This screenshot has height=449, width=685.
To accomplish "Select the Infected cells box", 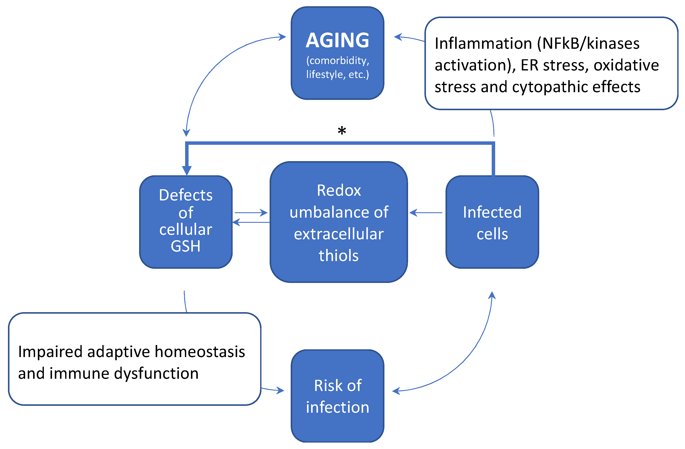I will [492, 222].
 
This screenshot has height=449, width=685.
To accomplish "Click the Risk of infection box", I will [337, 396].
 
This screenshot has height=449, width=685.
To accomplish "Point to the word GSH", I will [185, 246].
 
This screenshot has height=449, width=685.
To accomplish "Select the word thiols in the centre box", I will [339, 256].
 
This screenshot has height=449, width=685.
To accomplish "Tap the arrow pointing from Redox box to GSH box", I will [251, 222].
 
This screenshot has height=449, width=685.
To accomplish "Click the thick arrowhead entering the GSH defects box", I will [187, 170].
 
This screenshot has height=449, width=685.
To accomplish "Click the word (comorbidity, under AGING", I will [337, 60].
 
